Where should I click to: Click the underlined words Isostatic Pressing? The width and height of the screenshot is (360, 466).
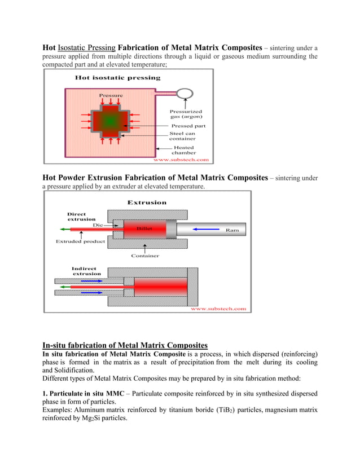[x=87, y=47]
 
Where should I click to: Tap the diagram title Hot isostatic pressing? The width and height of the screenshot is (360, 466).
[x=117, y=78]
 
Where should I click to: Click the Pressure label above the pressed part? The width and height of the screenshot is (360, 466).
[x=111, y=95]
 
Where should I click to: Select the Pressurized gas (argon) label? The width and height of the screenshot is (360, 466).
[x=186, y=114]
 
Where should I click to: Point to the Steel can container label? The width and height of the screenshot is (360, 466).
[x=183, y=136]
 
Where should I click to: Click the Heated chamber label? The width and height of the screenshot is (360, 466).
[x=184, y=150]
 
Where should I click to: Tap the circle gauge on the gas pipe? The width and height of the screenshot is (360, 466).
[x=184, y=94]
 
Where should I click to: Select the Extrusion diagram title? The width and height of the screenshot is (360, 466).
[x=147, y=202]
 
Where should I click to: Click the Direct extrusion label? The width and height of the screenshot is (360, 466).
[x=81, y=217]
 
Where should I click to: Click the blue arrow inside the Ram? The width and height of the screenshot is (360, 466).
[x=204, y=230]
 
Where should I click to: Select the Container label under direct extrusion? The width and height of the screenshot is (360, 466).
[x=145, y=256]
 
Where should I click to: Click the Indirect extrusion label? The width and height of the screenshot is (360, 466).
[x=84, y=271]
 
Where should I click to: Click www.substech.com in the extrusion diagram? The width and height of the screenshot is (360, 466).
[x=218, y=309]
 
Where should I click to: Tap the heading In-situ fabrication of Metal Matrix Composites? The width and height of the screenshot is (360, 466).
[x=125, y=345]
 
